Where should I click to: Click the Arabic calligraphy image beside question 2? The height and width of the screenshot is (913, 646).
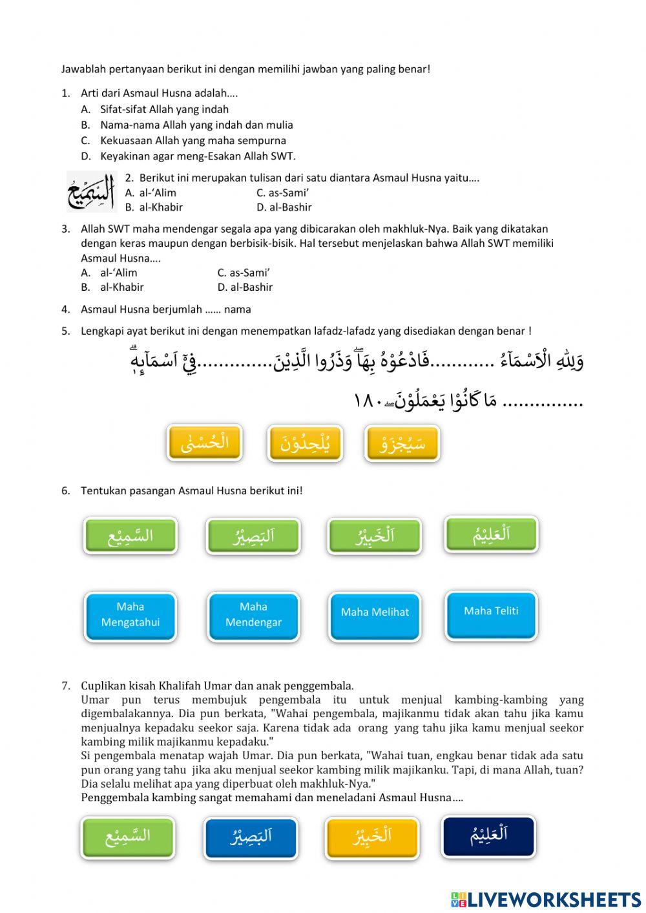[x=90, y=193]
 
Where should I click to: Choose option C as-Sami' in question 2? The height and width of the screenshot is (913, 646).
[x=282, y=193]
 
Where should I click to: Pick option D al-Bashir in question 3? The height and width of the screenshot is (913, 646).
[x=245, y=287]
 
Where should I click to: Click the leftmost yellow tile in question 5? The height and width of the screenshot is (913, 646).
[x=205, y=443]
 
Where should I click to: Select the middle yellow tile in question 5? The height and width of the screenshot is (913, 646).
[x=305, y=443]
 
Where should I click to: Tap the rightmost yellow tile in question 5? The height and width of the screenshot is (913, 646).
[x=402, y=444]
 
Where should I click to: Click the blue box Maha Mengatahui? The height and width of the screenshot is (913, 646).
[x=130, y=615]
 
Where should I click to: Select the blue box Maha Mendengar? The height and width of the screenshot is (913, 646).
[x=253, y=615]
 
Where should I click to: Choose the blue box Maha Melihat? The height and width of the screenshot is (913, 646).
[x=375, y=613]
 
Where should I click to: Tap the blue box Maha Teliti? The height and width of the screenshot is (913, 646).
[x=491, y=611]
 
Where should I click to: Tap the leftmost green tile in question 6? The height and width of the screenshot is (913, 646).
[x=130, y=536]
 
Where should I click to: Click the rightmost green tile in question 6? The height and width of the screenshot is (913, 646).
[x=491, y=534]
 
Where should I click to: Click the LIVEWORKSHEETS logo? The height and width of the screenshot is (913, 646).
[x=545, y=899]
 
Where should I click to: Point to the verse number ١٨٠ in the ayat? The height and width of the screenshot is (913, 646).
[x=369, y=401]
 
